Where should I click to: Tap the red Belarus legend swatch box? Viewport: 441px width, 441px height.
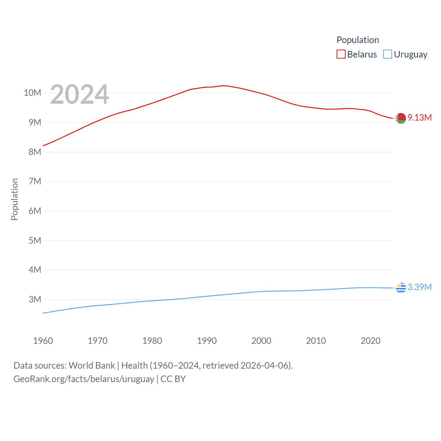coord(341,54)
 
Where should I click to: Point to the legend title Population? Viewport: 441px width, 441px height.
coord(358,40)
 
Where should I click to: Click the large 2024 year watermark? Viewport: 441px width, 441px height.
coord(80,94)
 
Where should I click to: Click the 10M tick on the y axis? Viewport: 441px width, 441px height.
coord(32,93)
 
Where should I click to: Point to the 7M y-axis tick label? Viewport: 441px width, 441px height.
coord(35,181)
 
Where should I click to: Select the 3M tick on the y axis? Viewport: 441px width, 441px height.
coord(35,299)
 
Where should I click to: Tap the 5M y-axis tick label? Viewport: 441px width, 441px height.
coord(35,240)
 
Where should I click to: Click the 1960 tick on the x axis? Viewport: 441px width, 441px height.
coord(43,341)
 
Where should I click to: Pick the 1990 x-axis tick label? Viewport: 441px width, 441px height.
coord(207,341)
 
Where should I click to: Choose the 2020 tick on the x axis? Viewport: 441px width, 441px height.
coord(370,341)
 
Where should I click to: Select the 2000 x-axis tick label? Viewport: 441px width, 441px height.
coord(261,341)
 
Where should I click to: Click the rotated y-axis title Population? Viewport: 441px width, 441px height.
coord(14,199)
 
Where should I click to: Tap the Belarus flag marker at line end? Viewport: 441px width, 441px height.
coord(401,118)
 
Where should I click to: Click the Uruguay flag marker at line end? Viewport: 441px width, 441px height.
coord(401,287)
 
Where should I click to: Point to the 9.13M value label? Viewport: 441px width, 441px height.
coord(420,117)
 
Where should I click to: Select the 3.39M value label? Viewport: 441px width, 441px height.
coord(420,287)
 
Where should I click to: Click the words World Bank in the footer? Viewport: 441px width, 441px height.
coord(92,365)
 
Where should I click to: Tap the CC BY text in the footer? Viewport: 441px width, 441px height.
coord(173,379)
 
